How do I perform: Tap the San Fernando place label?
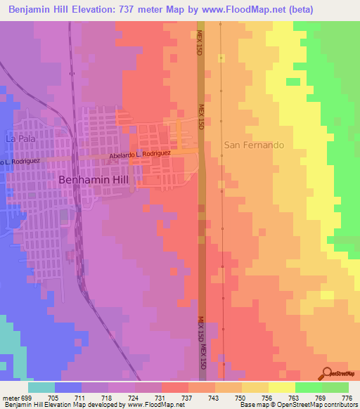[x=254, y=145]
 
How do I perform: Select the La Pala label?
[x=20, y=138]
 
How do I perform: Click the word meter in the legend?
[x=11, y=396]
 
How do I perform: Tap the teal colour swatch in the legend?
[x=41, y=387]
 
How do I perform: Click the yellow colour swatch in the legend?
[x=281, y=387]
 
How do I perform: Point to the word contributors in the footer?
[x=337, y=405]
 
